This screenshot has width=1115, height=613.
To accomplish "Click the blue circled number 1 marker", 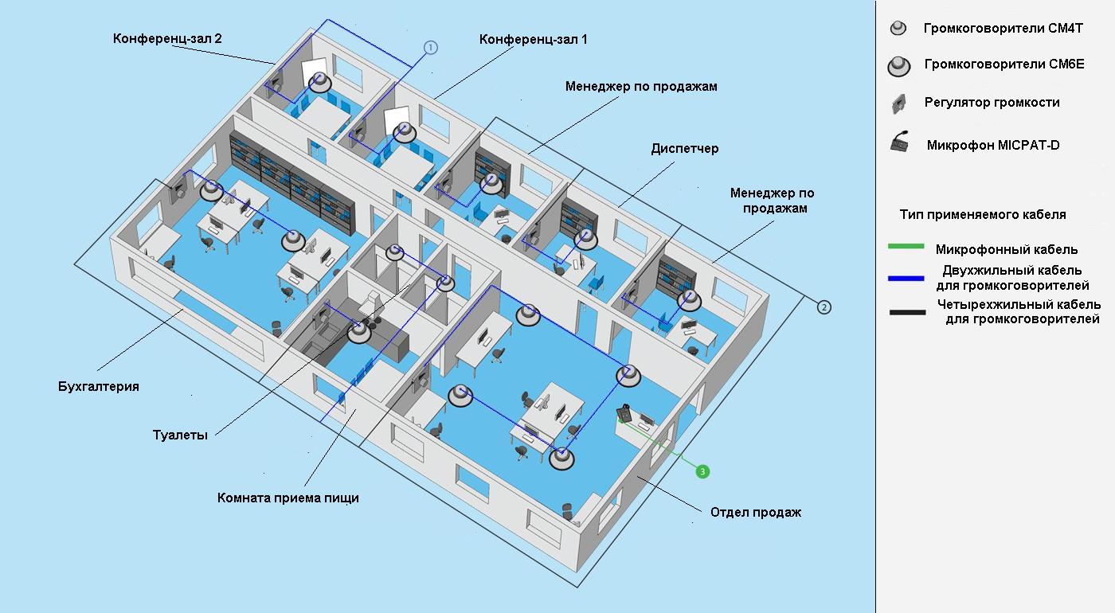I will point(431,48).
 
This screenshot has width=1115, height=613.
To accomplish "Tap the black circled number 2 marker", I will point(824,306).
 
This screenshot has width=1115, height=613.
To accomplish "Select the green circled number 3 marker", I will point(702,472).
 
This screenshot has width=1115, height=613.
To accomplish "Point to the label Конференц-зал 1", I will point(534,39).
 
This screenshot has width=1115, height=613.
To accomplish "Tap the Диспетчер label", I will point(685,148).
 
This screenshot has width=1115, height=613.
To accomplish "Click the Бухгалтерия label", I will point(99,387).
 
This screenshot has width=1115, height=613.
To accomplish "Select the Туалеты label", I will point(180,435).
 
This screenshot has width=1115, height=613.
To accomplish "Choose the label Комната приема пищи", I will point(288,498).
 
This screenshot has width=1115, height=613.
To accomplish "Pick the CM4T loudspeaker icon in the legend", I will point(898,29).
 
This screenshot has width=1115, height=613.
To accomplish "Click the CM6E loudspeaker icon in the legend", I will point(898,66).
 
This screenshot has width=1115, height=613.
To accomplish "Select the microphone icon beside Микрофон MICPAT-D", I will point(900,144).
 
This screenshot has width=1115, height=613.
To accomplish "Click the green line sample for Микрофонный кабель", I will point(906,247).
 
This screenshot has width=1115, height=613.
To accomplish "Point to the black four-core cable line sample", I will point(906,312).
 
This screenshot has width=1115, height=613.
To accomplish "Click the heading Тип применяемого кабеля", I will point(983,215).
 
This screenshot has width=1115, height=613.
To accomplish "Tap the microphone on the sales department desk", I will point(626,413).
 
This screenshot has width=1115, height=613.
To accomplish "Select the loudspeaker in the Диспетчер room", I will point(586,238).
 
